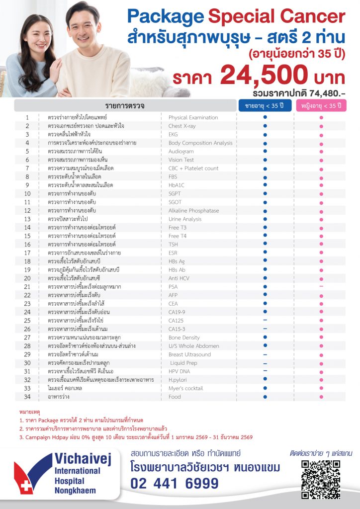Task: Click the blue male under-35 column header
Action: click(x=265, y=106)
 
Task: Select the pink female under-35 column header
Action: click(x=321, y=106)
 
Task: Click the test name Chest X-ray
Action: click(x=182, y=126)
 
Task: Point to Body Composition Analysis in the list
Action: click(x=200, y=143)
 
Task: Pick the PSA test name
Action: click(x=174, y=287)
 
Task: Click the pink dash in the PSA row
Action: click(x=321, y=287)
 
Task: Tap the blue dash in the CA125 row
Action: click(x=265, y=321)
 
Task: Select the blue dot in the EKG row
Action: click(x=265, y=135)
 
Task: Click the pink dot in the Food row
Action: click(x=321, y=397)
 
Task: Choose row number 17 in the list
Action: click(x=27, y=253)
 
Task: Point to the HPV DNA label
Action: click(x=179, y=371)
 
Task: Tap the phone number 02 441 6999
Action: click(x=175, y=483)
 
